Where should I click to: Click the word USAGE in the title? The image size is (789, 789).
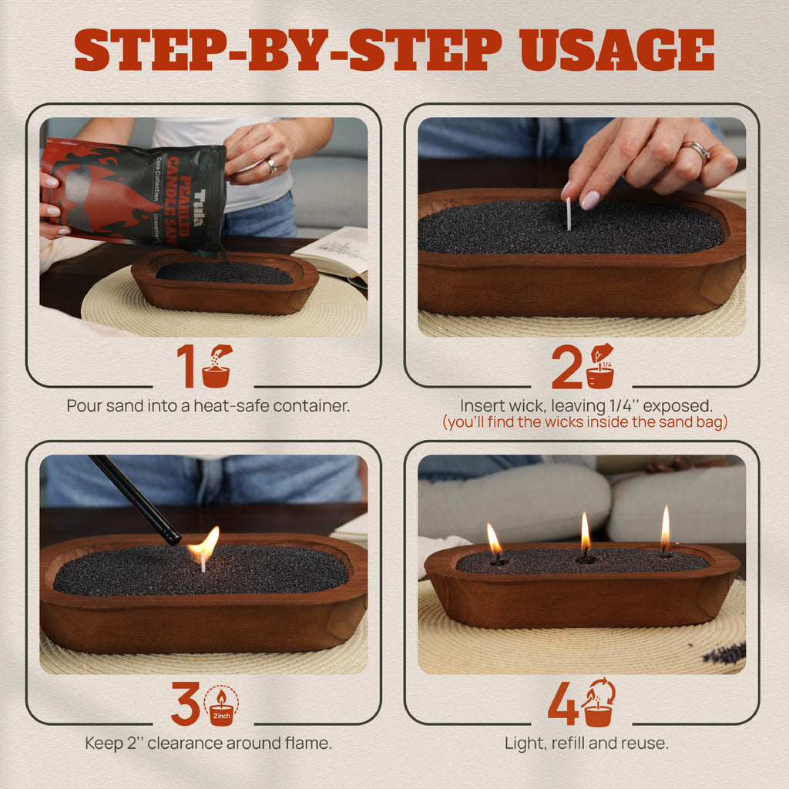point(617,52)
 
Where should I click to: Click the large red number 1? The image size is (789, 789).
point(186,366)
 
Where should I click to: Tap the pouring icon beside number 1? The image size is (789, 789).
point(217,367)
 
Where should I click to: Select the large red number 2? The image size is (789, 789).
point(566,367)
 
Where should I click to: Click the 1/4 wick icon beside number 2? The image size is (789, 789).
point(600,367)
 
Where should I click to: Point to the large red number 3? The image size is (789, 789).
point(186,703)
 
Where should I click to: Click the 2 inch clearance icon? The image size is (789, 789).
point(221,704)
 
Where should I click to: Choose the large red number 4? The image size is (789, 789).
point(563,703)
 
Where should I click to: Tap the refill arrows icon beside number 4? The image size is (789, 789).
point(599,702)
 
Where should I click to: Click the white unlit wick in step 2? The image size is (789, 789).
point(569,213)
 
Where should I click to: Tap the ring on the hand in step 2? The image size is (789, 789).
point(697,149)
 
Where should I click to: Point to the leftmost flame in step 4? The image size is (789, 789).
point(493,538)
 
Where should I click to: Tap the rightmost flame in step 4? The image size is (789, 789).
point(665,529)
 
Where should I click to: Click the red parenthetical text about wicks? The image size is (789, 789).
point(585,422)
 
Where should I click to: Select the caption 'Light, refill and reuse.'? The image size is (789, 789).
point(586,744)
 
